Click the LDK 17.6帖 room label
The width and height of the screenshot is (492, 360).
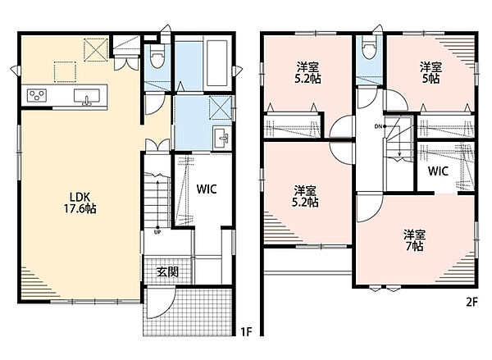pyautogui.click(x=80, y=203)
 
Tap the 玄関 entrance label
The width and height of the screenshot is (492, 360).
pyautogui.click(x=167, y=271)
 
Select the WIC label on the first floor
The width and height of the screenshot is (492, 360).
pyautogui.click(x=207, y=189)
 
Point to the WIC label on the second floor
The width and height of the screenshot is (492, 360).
pyautogui.click(x=438, y=171)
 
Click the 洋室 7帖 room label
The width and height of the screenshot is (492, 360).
pyautogui.click(x=414, y=240)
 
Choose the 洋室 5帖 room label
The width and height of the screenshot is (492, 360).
pyautogui.click(x=430, y=73)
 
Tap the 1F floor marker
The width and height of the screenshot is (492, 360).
pyautogui.click(x=246, y=331)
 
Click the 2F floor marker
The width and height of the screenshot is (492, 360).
pyautogui.click(x=471, y=303)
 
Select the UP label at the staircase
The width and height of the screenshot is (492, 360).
pyautogui.click(x=157, y=233)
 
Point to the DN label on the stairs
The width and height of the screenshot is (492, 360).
pyautogui.click(x=378, y=126)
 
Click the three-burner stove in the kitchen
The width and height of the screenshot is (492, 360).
pyautogui.click(x=37, y=95)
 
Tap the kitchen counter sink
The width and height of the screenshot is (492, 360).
pyautogui.click(x=87, y=97)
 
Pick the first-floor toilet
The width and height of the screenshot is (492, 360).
pyautogui.click(x=157, y=57)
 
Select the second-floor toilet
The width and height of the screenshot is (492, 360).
pyautogui.click(x=368, y=47)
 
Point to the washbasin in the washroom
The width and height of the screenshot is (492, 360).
pyautogui.click(x=221, y=138)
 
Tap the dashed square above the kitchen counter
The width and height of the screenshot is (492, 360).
pyautogui.click(x=65, y=72)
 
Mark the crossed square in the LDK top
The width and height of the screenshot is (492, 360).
pyautogui.click(x=96, y=50)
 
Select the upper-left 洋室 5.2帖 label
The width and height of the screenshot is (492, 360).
pyautogui.click(x=307, y=73)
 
